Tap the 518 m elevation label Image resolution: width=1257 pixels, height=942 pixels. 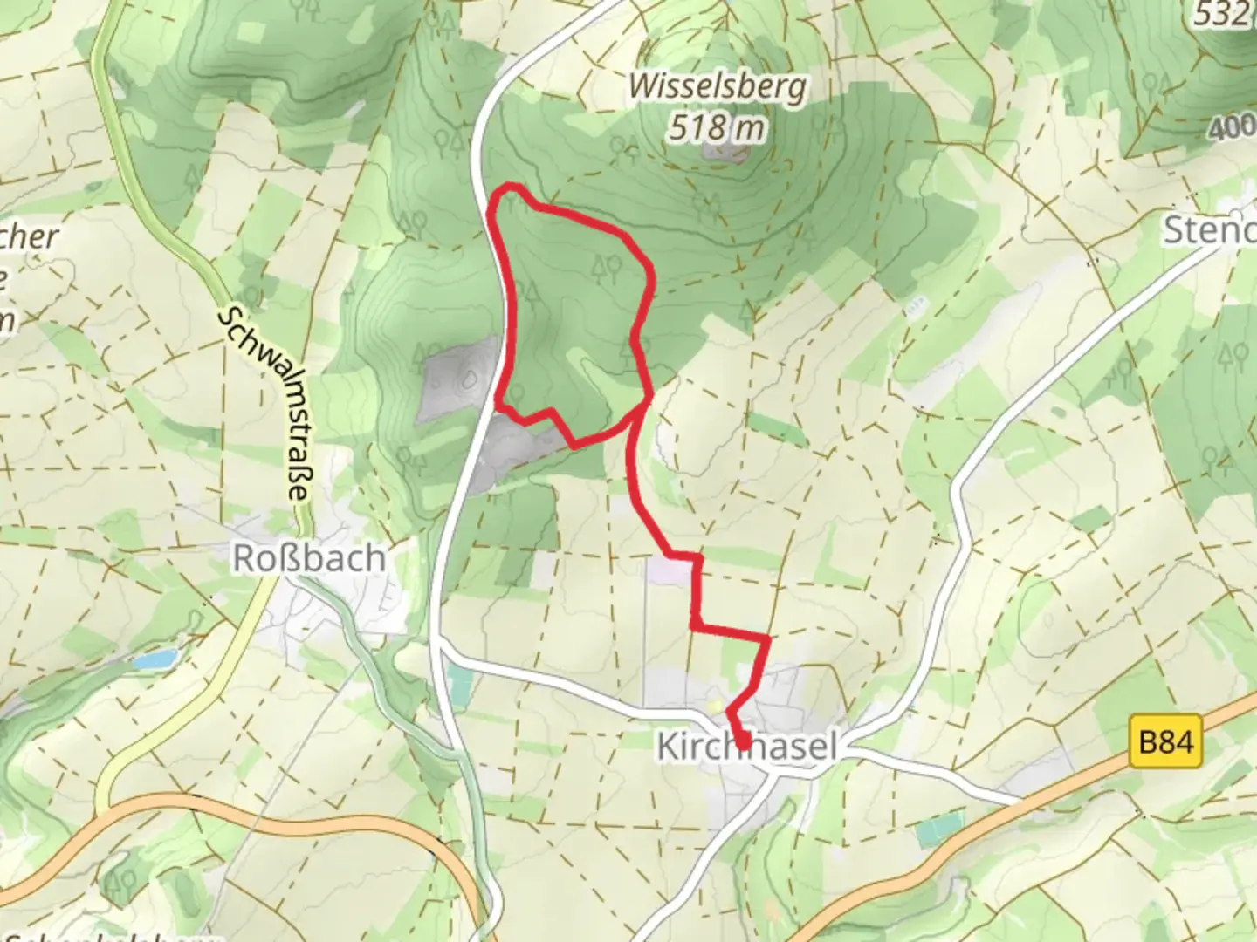coord(718,128)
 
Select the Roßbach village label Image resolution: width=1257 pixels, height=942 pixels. coord(308,558)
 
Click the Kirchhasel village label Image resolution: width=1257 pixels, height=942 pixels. coord(746,747)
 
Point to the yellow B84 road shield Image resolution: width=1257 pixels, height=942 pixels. coord(1166,742)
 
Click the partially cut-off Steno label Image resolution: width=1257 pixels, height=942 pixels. coord(1210,230)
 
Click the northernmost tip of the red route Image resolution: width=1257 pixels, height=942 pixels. coord(506,187)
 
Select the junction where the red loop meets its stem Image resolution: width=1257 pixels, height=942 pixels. coord(648,399)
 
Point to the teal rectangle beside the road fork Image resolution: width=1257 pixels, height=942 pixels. coord(456,680)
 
